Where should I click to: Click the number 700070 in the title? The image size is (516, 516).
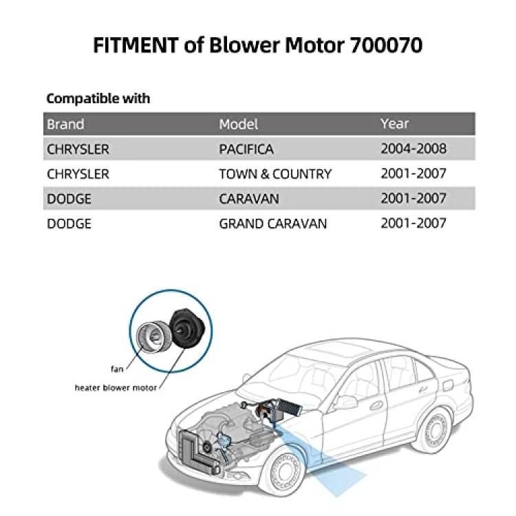click(x=386, y=45)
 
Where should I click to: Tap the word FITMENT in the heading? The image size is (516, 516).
click(x=136, y=45)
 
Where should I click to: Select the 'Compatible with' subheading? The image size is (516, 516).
click(x=98, y=98)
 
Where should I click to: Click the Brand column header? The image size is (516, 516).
click(x=65, y=124)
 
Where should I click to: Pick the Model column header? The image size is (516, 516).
click(x=238, y=124)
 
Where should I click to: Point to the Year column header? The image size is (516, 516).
click(x=395, y=124)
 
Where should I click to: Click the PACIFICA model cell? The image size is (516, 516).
click(x=246, y=149)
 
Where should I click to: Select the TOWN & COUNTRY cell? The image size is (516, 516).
click(x=275, y=174)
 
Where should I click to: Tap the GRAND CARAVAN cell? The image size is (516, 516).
click(x=273, y=224)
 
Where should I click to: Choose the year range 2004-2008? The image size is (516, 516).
click(x=413, y=149)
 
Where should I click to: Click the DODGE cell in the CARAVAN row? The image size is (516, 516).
click(x=69, y=199)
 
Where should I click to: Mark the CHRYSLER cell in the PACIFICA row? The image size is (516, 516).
click(x=78, y=149)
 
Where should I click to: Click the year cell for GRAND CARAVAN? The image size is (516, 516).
click(x=413, y=224)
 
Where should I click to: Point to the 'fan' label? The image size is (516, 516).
click(x=117, y=369)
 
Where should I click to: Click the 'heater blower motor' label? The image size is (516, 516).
click(x=116, y=388)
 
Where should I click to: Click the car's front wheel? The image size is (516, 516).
click(x=283, y=472)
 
